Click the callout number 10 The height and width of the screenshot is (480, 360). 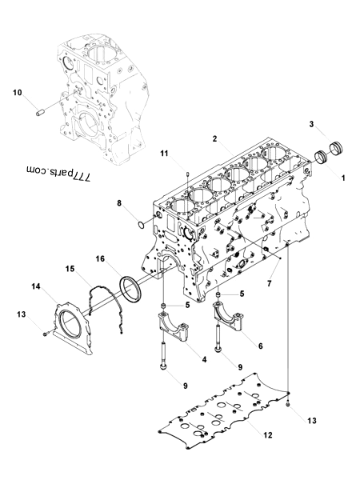(x=17, y=93)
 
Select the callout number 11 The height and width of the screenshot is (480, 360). (x=164, y=153)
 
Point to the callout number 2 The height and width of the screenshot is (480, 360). (x=214, y=138)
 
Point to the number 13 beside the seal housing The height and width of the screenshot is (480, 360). (x=22, y=315)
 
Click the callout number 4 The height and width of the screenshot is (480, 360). (x=204, y=359)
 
